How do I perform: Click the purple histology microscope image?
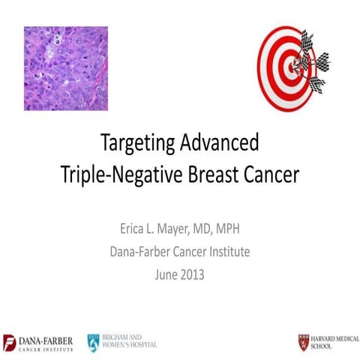[x=66, y=68]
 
